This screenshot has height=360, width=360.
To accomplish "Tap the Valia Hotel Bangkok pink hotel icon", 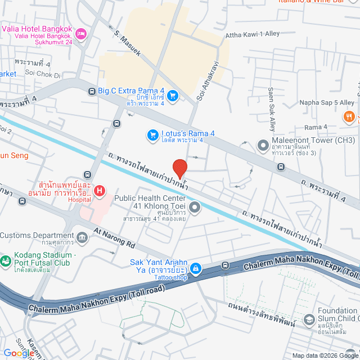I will coord(81,34).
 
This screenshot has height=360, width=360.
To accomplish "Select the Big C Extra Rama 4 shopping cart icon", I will coord(173,95).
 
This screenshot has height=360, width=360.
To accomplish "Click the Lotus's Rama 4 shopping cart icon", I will coord(152,134).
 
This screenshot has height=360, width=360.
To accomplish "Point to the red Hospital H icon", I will coord(100,191).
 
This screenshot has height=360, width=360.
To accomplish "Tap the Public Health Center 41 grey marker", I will coord(195,208).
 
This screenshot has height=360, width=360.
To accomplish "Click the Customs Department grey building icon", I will coord(83,237).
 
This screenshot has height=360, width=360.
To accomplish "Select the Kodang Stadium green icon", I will coord(6,260).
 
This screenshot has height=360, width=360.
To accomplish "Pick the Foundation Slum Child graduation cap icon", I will coord(309,320).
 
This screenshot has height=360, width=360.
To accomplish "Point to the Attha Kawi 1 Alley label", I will coord(252,34).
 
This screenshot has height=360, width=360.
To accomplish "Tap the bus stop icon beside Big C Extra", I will coord(92,91).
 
